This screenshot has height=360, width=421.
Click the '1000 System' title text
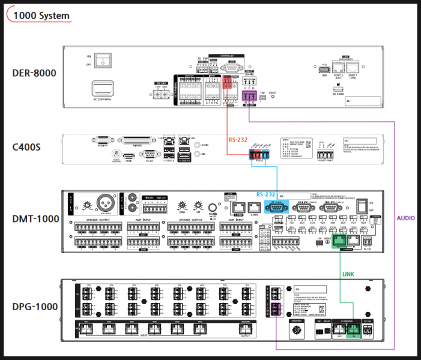pyautogui.click(x=41, y=16)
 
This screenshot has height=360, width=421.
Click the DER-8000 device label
pyautogui.click(x=34, y=74)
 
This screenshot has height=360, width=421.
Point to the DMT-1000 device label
pyautogui.click(x=35, y=219)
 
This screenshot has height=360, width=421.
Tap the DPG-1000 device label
pyautogui.click(x=35, y=307)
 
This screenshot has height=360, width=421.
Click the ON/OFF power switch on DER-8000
pyautogui.click(x=106, y=59)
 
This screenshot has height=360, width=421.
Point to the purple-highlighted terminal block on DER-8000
pyautogui.click(x=249, y=95)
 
